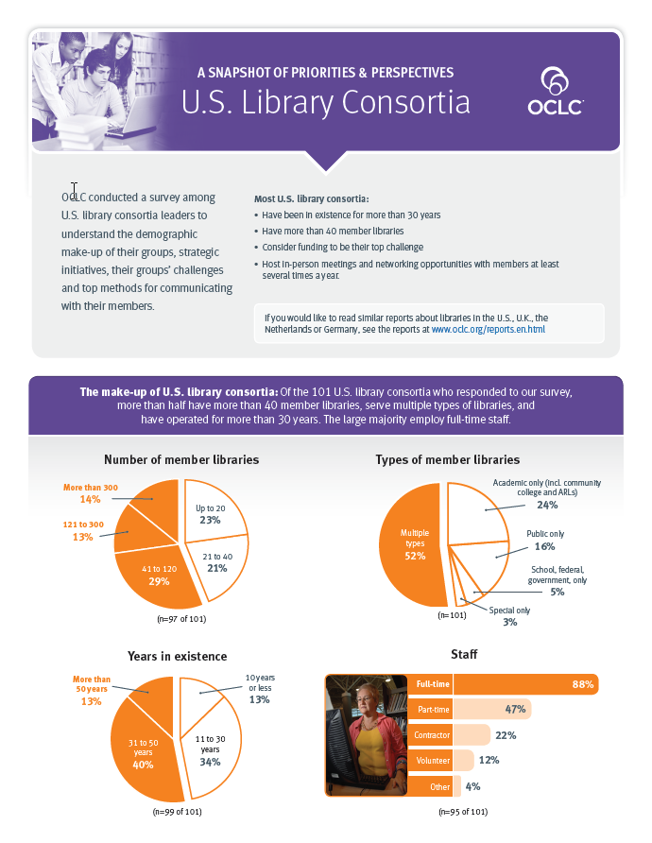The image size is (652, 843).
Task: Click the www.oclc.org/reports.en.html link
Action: coord(488,330)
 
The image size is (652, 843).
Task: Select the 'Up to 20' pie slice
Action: coord(209,515)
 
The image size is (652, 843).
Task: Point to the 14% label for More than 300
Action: coord(90,499)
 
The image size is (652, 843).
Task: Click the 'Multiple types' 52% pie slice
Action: coord(410,549)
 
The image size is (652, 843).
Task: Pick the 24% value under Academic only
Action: coord(547,506)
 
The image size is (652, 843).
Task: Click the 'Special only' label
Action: coord(509,611)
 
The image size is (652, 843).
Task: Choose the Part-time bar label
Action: coord(434,709)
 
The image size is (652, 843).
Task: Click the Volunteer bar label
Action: coord(433,760)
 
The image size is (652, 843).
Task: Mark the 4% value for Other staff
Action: coord(473,785)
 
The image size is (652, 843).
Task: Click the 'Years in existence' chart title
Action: coord(177,656)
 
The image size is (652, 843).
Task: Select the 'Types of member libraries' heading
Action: coord(447,459)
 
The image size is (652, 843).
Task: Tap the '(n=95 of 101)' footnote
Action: coord(463,811)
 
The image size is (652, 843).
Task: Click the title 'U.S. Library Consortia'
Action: coord(325,103)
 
